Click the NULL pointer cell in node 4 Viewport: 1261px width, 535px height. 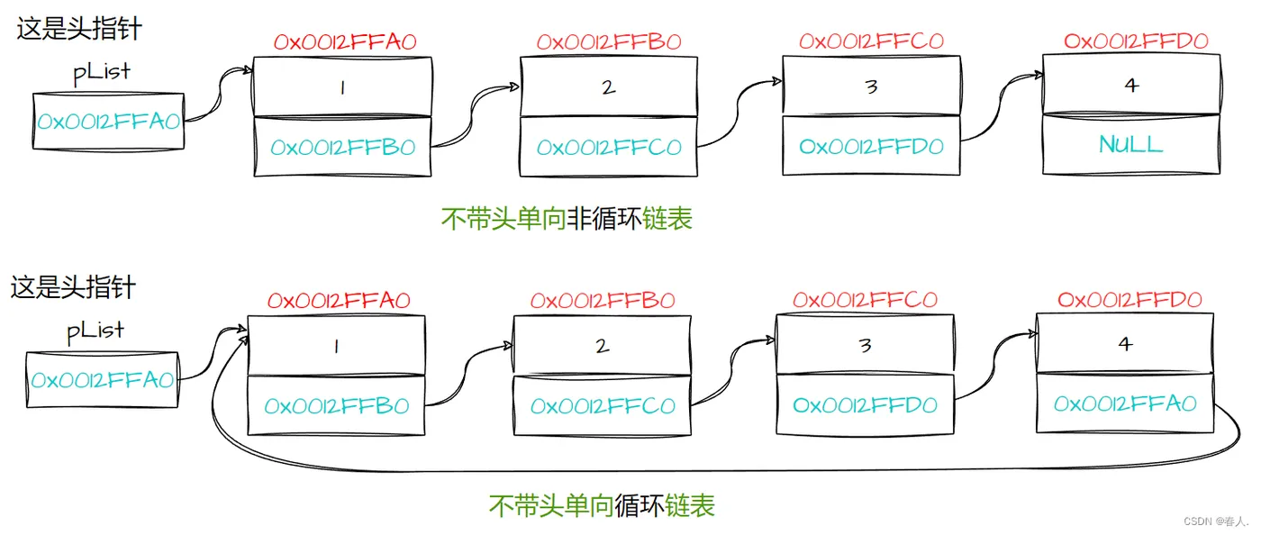click(x=1130, y=144)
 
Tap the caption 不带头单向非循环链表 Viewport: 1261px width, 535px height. click(x=567, y=219)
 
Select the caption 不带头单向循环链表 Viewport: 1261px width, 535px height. click(x=602, y=505)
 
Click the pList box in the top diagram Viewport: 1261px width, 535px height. click(x=108, y=122)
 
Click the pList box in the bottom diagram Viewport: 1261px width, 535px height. click(x=102, y=380)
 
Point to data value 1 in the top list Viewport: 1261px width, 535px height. click(x=342, y=87)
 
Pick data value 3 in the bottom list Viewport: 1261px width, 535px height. click(x=865, y=345)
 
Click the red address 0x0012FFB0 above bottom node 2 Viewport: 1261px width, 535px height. click(x=603, y=300)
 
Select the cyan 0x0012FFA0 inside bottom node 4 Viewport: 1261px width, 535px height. click(x=1125, y=404)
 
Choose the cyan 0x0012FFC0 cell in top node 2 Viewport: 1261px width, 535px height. click(x=609, y=147)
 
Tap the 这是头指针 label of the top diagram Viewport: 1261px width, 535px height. click(x=79, y=28)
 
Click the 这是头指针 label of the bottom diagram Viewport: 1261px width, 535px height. click(x=73, y=287)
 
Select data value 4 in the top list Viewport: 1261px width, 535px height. click(x=1131, y=86)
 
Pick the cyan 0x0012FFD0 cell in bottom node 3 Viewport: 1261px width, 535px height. click(x=865, y=405)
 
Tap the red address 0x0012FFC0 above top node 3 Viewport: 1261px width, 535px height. click(x=871, y=41)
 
